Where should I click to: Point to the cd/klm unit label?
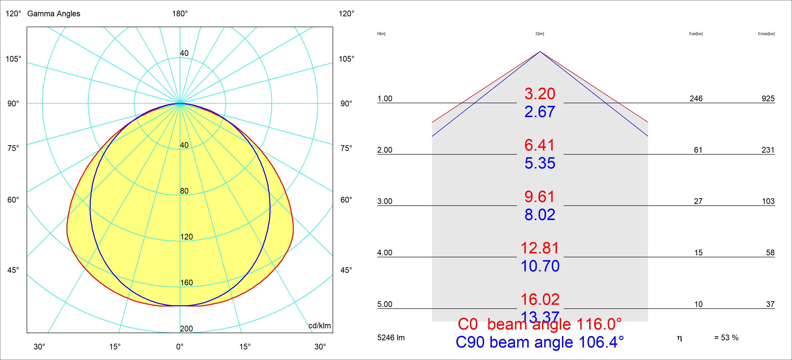(319, 326)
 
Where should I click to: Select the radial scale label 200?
(186, 328)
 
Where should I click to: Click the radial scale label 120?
(186, 237)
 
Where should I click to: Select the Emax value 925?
(768, 98)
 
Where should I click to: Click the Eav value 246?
(696, 98)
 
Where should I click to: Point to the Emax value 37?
(770, 304)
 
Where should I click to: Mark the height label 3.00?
(385, 201)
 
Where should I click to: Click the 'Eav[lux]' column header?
(696, 34)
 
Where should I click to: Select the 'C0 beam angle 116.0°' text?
(540, 324)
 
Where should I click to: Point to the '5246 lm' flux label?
(391, 337)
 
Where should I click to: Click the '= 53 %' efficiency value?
(726, 337)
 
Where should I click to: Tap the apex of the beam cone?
(540, 52)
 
